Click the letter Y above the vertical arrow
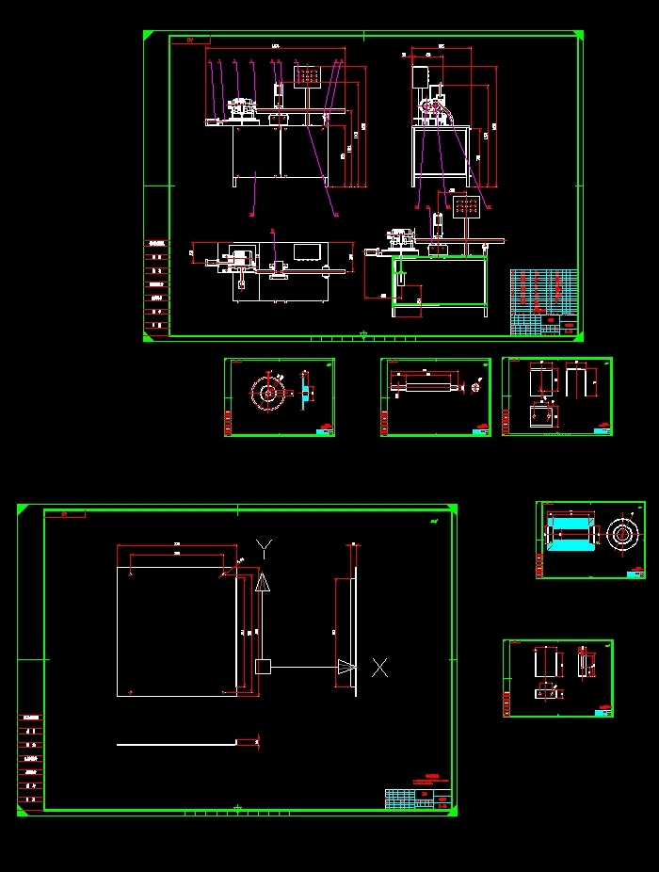pyautogui.click(x=265, y=547)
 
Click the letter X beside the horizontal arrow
pyautogui.click(x=379, y=667)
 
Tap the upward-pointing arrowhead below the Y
pyautogui.click(x=263, y=582)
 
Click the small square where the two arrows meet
pyautogui.click(x=263, y=667)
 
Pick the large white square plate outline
pyautogui.click(x=176, y=631)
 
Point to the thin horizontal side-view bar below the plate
pyautogui.click(x=176, y=744)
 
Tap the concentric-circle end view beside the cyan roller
pyautogui.click(x=621, y=535)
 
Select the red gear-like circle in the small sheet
pyautogui.click(x=268, y=393)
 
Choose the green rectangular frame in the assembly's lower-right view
pyautogui.click(x=440, y=281)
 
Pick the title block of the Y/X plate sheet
pyautogui.click(x=418, y=799)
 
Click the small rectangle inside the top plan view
pyautogui.click(x=308, y=251)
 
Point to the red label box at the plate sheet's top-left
pyautogui.click(x=65, y=514)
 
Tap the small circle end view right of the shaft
pyautogui.click(x=475, y=386)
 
